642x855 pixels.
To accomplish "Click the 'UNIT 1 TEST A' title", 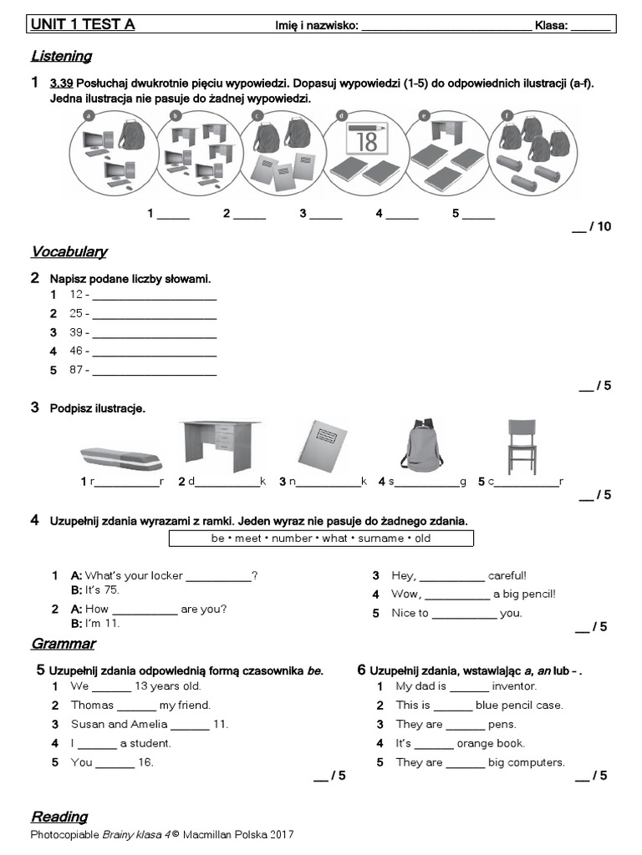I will click(x=83, y=24).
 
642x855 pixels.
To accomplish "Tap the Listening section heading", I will click(x=61, y=57).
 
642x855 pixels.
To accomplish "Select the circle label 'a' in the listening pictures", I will click(x=88, y=115).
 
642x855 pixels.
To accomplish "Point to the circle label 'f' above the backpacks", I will click(x=507, y=115).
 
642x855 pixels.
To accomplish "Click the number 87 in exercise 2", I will click(x=76, y=370).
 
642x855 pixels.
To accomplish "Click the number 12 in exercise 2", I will click(x=76, y=295).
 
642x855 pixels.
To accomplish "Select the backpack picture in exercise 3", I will click(x=422, y=446).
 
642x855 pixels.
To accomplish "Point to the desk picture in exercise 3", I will click(x=218, y=446).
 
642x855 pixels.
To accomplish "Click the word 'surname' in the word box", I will click(x=381, y=539).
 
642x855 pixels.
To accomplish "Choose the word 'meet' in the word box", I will click(x=248, y=539).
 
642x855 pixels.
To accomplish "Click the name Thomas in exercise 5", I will click(x=92, y=706).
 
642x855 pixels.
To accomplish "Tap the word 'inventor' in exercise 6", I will click(x=514, y=686).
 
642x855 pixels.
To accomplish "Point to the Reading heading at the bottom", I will click(x=59, y=817).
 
